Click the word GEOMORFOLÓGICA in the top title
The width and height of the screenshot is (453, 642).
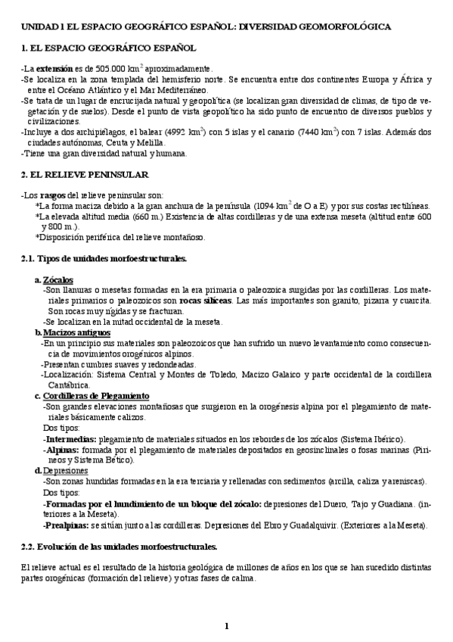pos(345,26)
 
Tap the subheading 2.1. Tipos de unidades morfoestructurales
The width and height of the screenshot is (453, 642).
pos(104,259)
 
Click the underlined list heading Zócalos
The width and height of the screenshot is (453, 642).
pos(58,279)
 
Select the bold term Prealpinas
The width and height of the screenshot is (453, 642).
pos(68,525)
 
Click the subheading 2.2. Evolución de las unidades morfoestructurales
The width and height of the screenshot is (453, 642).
pos(119,546)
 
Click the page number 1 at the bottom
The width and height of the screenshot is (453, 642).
pos(226,625)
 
